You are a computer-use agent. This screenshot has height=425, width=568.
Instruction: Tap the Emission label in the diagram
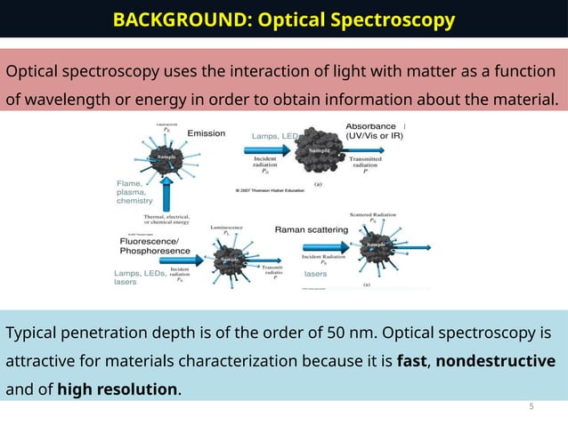(206, 133)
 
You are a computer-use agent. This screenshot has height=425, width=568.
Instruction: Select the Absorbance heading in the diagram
(371, 126)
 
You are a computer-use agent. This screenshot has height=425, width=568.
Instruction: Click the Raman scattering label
(311, 229)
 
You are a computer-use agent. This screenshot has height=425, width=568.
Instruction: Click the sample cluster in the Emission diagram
(163, 157)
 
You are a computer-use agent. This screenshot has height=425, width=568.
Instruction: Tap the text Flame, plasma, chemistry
(134, 192)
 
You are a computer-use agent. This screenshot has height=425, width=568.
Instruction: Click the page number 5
(531, 406)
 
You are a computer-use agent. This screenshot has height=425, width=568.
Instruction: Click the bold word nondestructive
(495, 361)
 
